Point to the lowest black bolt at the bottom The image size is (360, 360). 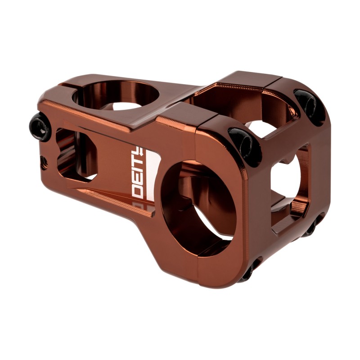pyautogui.click(x=249, y=272)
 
